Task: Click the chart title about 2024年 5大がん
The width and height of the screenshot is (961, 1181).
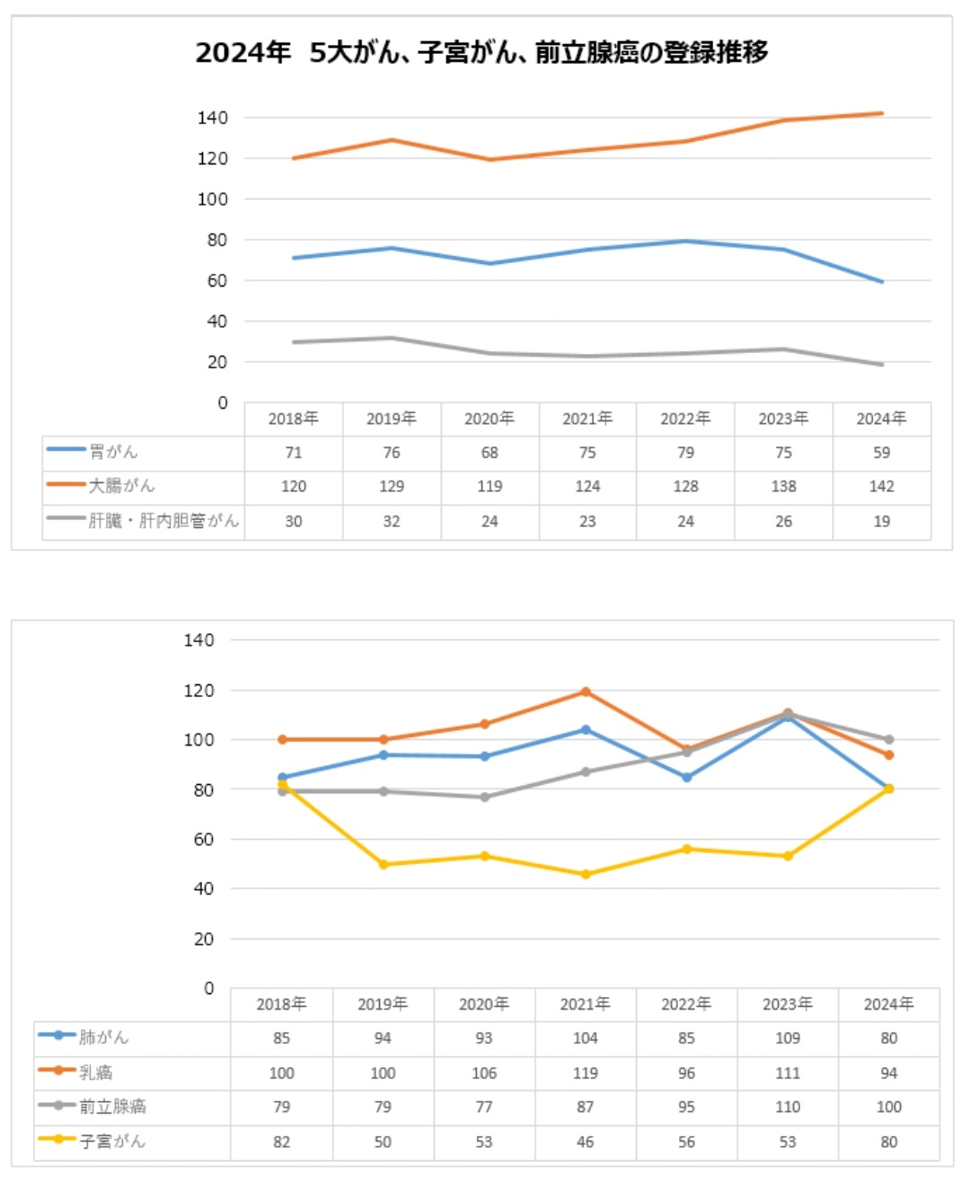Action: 481,53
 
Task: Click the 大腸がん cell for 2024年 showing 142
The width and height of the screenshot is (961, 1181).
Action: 881,486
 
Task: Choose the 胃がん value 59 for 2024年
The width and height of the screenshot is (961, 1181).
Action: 881,453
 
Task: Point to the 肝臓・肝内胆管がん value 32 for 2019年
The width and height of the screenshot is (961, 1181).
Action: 392,521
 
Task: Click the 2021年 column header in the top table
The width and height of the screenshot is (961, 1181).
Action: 587,419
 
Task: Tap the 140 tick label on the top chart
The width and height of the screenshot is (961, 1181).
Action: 213,118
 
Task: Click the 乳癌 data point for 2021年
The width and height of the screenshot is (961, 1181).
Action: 586,692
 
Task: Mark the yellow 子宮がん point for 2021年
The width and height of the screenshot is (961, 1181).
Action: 586,874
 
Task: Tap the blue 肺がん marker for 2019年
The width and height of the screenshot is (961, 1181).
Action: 384,755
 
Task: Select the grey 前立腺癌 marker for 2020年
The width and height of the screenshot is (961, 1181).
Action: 485,797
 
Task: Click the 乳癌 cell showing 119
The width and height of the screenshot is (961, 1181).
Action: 586,1072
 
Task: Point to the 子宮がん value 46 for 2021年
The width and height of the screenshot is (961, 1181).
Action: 586,1141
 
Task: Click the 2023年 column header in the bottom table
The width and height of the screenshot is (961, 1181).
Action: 788,1004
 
